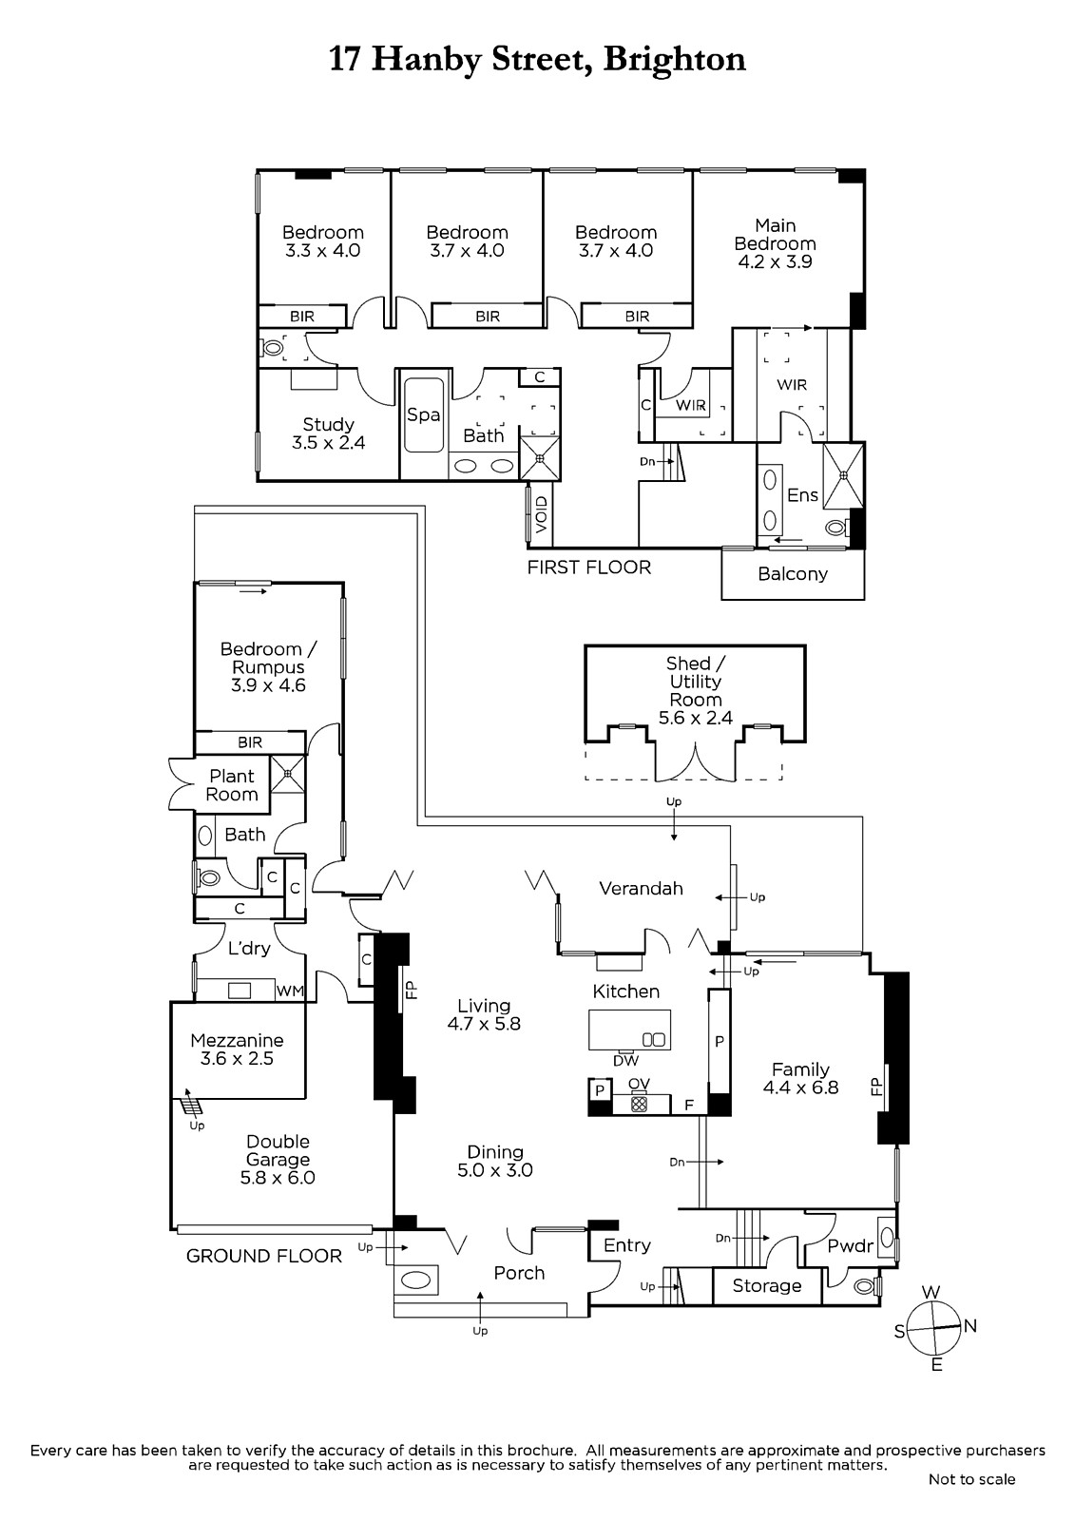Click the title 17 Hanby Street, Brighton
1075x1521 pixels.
click(x=537, y=60)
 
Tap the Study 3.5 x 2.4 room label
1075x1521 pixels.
click(x=328, y=433)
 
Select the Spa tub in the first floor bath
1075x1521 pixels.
click(x=423, y=415)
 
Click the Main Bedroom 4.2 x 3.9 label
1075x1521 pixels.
click(x=775, y=243)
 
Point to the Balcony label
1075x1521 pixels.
click(x=792, y=574)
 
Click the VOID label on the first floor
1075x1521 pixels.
click(x=541, y=514)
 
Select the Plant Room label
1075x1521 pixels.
click(x=232, y=785)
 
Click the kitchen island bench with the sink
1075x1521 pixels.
click(x=629, y=1030)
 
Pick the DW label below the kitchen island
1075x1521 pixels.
click(x=624, y=1061)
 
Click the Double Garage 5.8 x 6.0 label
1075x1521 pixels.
click(x=278, y=1159)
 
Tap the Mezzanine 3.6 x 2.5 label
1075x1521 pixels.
click(x=237, y=1049)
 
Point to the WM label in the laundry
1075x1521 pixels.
click(x=290, y=992)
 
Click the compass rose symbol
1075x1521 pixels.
click(x=935, y=1327)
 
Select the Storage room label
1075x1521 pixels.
click(x=767, y=1286)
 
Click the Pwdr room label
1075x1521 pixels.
click(x=850, y=1246)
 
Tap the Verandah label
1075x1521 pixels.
click(x=641, y=889)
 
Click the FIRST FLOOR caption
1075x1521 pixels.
click(x=589, y=568)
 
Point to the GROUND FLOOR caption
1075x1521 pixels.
click(x=263, y=1256)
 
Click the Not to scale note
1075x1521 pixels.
click(x=971, y=1479)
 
